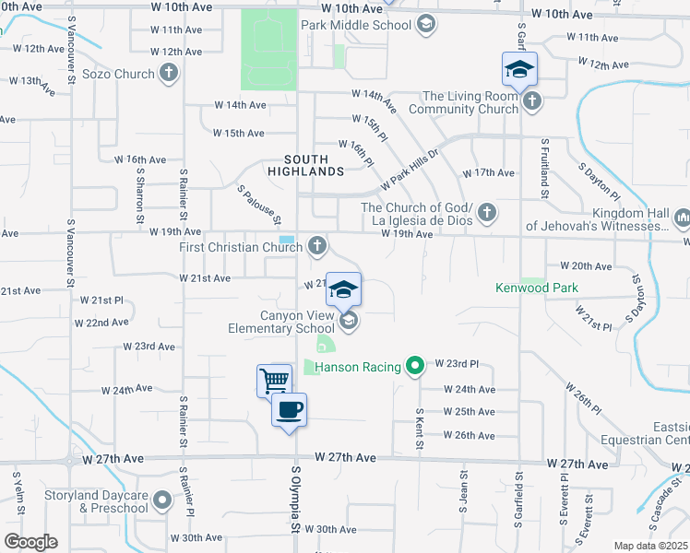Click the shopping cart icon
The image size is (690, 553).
coord(274,380)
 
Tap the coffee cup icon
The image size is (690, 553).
coord(290,409)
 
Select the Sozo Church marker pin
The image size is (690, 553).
coord(168,75)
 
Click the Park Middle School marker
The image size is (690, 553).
coord(426,23)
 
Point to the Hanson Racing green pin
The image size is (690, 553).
coord(415,367)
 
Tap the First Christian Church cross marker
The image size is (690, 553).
coord(317,246)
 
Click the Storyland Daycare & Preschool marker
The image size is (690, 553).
coord(162,501)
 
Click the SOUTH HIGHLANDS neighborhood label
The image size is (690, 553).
coord(306,165)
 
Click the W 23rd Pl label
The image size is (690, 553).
coord(456,364)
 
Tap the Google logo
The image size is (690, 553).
coord(30,541)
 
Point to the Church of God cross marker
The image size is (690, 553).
coord(488,214)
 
